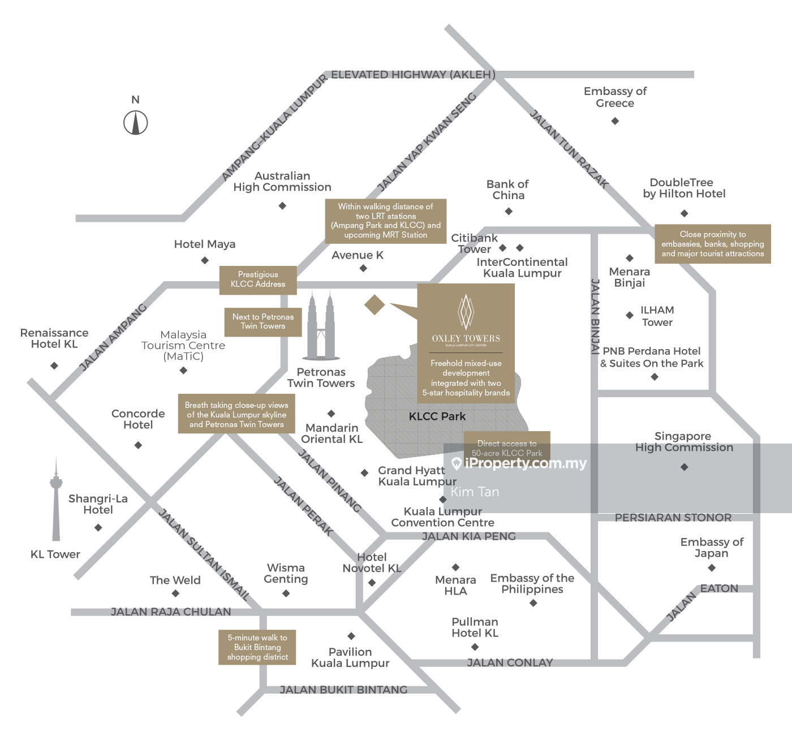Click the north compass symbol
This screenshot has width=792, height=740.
[136, 122]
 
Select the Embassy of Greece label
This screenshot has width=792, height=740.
[615, 97]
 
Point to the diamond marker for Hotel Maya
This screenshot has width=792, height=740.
[205, 260]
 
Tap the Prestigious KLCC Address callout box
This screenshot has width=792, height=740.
[258, 279]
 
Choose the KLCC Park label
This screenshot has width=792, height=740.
[437, 416]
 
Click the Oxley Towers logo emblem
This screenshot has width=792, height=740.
[466, 312]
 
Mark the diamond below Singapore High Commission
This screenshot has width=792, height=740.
[685, 467]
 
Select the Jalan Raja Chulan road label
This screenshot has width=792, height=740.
[171, 612]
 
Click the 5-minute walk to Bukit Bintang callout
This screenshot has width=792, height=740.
[257, 647]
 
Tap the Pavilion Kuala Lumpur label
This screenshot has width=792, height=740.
[350, 657]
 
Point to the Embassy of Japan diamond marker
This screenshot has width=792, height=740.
[712, 567]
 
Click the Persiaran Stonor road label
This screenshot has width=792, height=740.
[673, 518]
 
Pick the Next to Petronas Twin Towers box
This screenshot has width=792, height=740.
[263, 321]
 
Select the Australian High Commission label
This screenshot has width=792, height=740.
[282, 182]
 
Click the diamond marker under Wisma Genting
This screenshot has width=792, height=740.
[286, 593]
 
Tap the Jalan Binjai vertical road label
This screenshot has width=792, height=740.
[595, 317]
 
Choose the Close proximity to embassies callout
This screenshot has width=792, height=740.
[713, 244]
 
